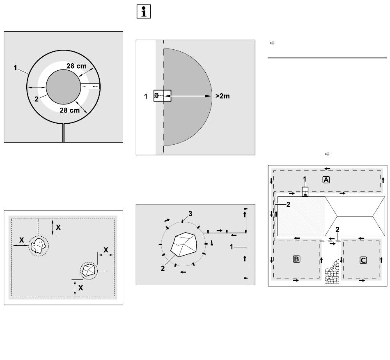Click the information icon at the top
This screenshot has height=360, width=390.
[x=144, y=12]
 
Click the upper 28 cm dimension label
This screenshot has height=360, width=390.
[x=76, y=66]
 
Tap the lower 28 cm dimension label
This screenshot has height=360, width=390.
[x=70, y=110]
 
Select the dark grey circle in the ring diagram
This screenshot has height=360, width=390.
[x=63, y=87]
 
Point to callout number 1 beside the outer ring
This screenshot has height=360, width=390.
[x=16, y=68]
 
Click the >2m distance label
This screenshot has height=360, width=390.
[x=223, y=96]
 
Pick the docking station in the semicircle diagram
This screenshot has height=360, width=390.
[x=163, y=96]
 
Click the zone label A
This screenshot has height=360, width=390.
[x=326, y=180]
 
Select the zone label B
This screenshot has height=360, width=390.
[x=296, y=259]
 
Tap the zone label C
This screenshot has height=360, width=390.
[x=363, y=261]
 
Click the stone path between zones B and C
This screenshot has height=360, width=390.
[x=332, y=272]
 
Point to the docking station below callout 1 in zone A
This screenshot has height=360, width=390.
[x=305, y=192]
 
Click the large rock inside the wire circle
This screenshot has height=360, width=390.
[x=184, y=245]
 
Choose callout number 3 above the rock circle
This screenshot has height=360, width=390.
[x=190, y=214]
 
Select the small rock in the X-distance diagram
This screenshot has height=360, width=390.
[x=89, y=270]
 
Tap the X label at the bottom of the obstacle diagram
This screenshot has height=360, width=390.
[x=80, y=288]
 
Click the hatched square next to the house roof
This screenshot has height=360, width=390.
[x=301, y=216]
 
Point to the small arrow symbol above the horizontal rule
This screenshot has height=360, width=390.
[x=272, y=43]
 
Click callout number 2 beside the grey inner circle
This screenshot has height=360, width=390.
[x=37, y=99]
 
